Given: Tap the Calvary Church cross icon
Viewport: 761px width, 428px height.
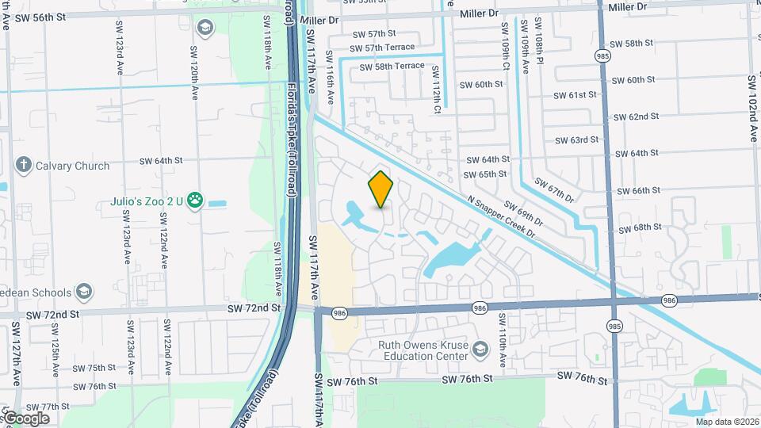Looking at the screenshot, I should click(x=23, y=166).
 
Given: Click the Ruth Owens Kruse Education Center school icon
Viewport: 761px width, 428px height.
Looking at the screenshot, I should click(x=480, y=350).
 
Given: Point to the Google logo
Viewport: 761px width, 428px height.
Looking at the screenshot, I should click(x=26, y=418).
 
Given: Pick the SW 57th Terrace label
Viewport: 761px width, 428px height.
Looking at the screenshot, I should click(x=382, y=48).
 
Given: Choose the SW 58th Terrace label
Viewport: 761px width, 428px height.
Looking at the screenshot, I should click(x=392, y=67).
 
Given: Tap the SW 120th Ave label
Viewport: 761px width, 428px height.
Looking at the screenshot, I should click(x=193, y=71).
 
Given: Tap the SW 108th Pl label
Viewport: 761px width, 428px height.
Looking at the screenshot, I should click(x=538, y=52).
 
